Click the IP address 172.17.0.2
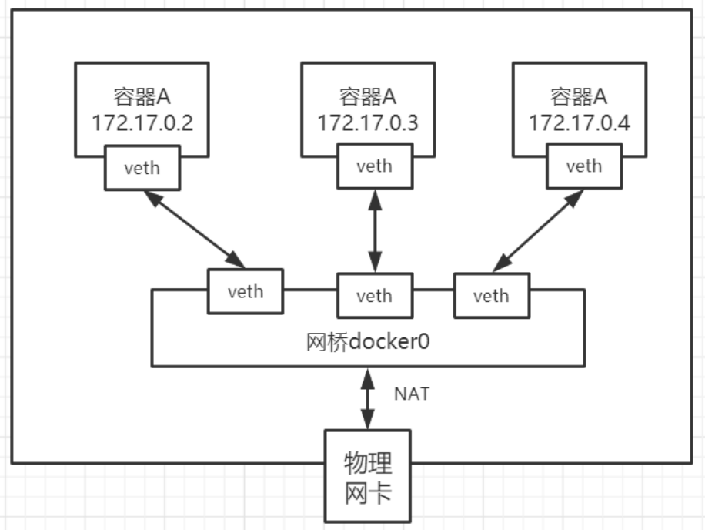(x=142, y=122)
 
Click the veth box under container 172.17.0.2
(x=142, y=167)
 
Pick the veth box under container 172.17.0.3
(x=374, y=166)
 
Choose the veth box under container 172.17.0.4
(x=583, y=166)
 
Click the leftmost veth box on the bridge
(x=245, y=291)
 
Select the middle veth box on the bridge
(x=374, y=295)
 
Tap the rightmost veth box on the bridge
(x=491, y=295)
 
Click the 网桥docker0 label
(x=367, y=340)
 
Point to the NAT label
(x=412, y=394)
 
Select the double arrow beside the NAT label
(x=367, y=398)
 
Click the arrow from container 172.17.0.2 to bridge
(x=192, y=229)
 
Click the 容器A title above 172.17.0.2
(x=142, y=98)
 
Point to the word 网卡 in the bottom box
(x=367, y=491)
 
